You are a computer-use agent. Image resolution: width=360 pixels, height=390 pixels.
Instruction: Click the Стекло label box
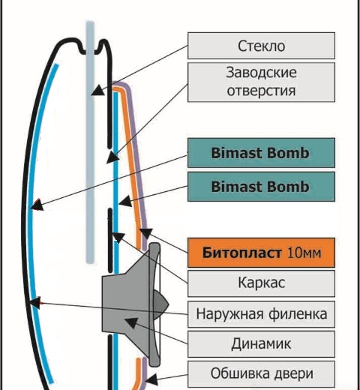[x=261, y=46]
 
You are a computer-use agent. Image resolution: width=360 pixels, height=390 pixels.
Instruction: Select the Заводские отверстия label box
[x=261, y=82]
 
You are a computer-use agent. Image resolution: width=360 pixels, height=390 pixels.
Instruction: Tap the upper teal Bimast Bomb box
[x=261, y=153]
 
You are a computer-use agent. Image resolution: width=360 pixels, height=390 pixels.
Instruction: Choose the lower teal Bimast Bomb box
[x=261, y=187]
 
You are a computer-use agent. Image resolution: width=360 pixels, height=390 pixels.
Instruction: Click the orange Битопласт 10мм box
[x=261, y=253]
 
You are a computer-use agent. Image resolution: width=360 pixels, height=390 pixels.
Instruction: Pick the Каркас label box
[x=261, y=283]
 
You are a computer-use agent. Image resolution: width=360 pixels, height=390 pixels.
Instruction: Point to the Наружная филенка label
[x=261, y=314]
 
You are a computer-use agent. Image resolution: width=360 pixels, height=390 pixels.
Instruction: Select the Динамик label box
[x=261, y=344]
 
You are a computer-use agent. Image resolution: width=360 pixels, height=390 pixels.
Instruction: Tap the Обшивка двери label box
[x=261, y=373]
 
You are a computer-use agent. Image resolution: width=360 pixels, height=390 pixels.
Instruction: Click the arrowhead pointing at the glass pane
[x=97, y=91]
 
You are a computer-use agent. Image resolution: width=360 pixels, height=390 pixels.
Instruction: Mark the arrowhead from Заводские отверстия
[x=112, y=157]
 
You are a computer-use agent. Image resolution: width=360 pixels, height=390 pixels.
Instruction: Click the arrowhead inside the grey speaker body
[x=130, y=322]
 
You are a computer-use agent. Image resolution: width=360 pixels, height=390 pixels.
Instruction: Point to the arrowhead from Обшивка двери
[x=151, y=379]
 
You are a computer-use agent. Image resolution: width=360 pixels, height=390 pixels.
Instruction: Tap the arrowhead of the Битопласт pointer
[x=146, y=233]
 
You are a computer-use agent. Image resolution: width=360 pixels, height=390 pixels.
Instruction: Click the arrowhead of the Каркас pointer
[x=118, y=238]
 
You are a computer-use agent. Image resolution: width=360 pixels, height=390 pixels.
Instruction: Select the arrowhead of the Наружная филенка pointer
[x=35, y=303]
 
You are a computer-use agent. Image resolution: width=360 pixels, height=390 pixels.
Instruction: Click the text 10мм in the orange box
[x=304, y=253]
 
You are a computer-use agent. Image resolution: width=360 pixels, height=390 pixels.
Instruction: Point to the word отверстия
[x=261, y=91]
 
